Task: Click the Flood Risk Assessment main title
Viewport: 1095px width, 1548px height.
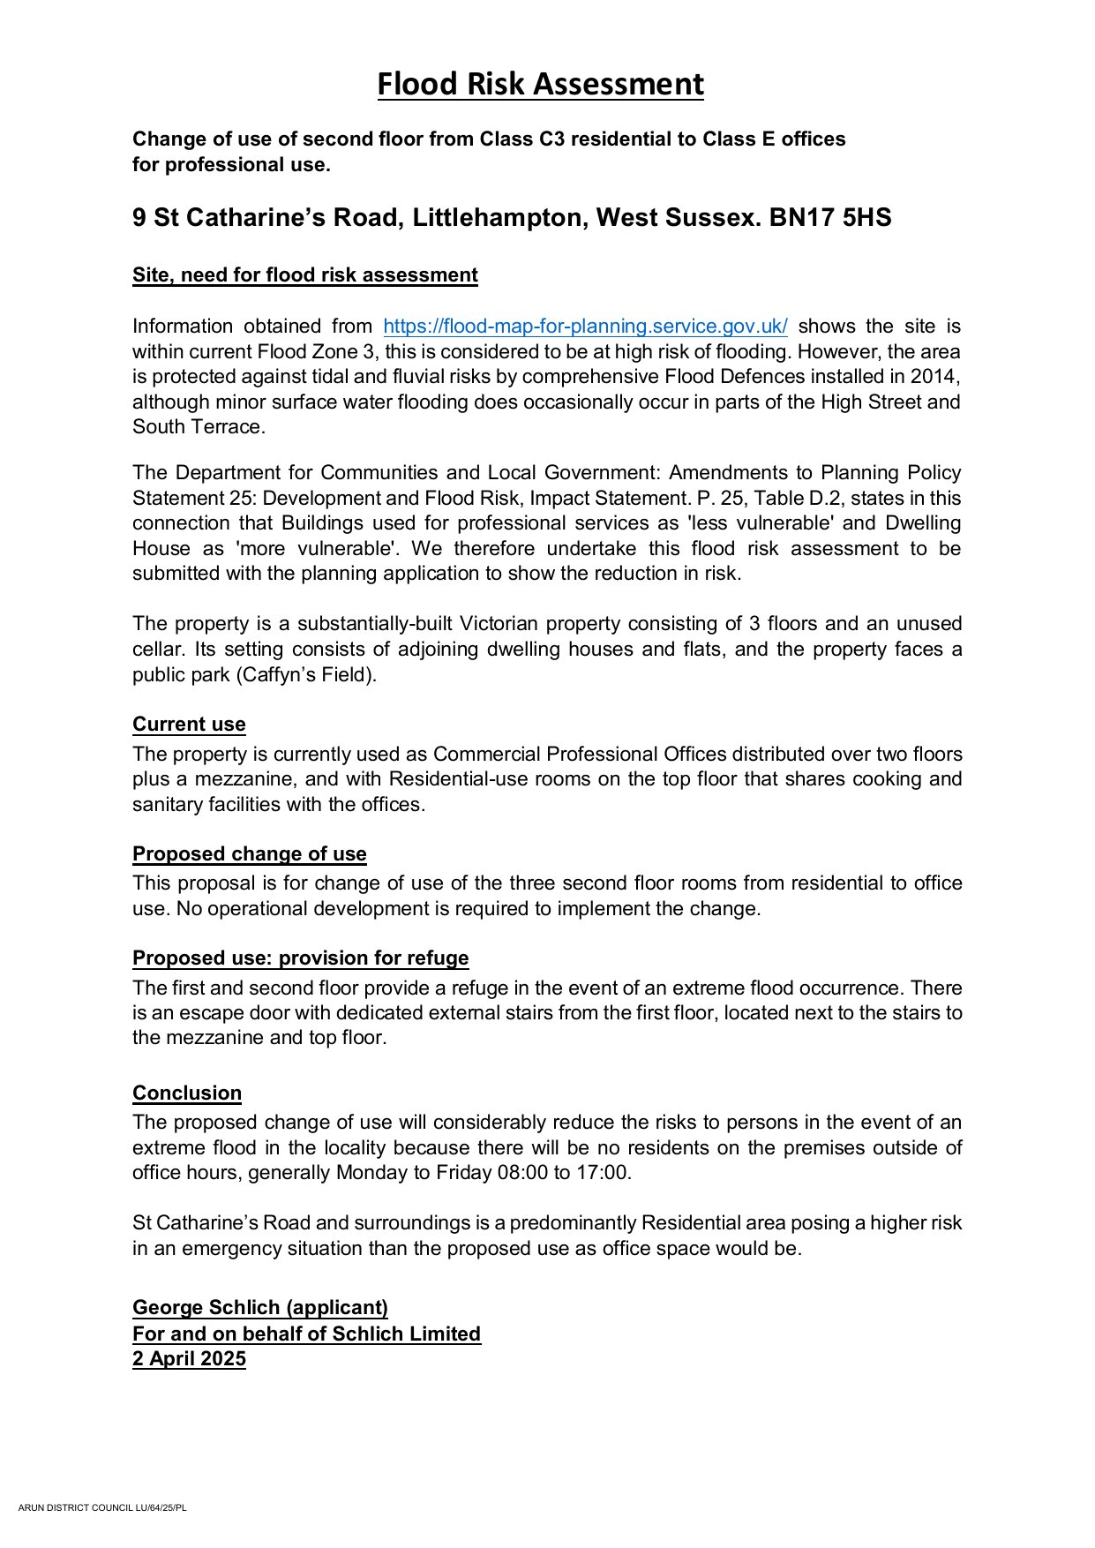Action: [540, 85]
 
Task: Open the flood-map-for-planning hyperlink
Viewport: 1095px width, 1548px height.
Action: [585, 327]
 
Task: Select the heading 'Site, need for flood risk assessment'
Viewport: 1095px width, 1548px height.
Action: [305, 275]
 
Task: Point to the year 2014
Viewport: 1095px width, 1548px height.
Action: [936, 377]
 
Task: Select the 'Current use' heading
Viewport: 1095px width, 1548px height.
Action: [189, 725]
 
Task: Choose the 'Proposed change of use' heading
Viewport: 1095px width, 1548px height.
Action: [250, 854]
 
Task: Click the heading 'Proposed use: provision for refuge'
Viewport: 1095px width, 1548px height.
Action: [301, 958]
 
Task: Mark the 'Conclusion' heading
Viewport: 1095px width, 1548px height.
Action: [187, 1093]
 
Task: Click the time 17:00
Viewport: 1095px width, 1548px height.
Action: [603, 1173]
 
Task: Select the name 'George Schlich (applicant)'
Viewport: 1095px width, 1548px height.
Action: [260, 1308]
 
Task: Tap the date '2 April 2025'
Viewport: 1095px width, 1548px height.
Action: [189, 1359]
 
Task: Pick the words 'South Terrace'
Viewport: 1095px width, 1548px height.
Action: [198, 427]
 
